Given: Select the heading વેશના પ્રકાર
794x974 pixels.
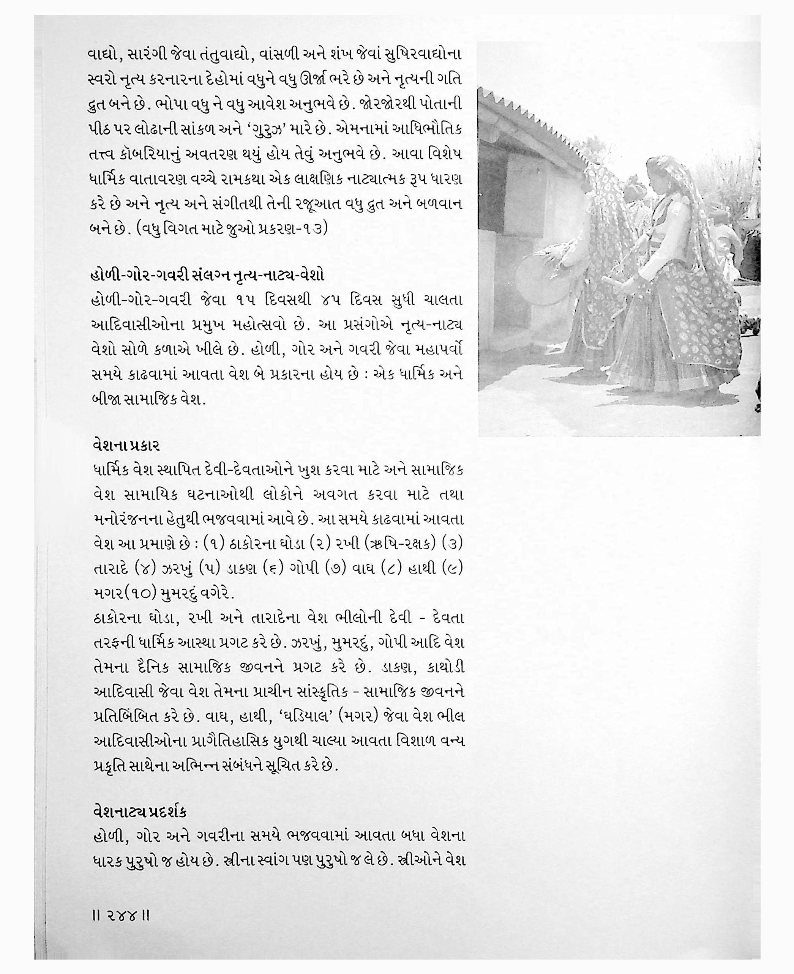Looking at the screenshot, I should pyautogui.click(x=126, y=445).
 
